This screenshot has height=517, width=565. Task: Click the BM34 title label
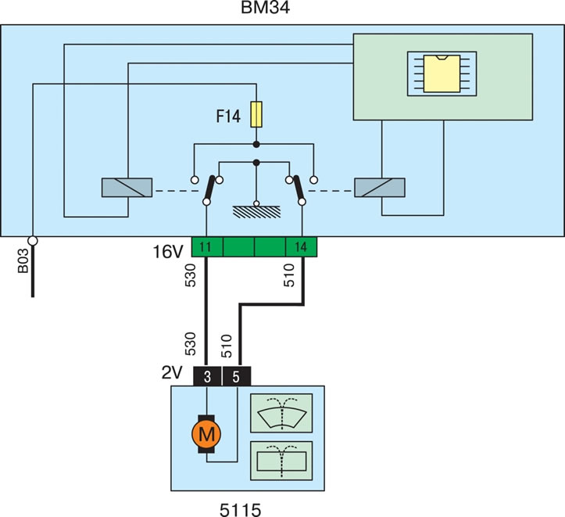coord(265,8)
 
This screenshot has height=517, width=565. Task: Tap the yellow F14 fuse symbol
coord(256,114)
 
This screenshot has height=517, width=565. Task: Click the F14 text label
coord(228,117)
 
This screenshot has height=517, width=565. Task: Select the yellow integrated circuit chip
coord(442,74)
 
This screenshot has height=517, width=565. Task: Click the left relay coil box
coord(127,188)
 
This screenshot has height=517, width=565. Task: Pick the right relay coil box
coord(380,188)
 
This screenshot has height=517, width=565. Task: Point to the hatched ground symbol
coord(256,212)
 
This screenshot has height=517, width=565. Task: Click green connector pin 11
coord(207,247)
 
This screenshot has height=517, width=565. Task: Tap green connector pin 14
coord(301,247)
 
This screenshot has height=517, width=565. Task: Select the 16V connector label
coord(168,251)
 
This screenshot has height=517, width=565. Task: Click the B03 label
coord(23,260)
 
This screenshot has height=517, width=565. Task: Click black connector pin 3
coord(208,376)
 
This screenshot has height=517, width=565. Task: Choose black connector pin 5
coord(236,376)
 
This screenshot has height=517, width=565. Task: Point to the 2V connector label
coord(172,373)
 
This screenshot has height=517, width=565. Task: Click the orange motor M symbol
coord(206,434)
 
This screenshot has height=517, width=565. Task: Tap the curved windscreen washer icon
coord(281,413)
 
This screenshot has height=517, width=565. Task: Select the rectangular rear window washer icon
coord(281,461)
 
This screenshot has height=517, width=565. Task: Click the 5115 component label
coord(241,510)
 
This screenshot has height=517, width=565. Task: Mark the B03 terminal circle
coord(33,240)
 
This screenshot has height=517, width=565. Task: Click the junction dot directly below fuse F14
coord(256,145)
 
